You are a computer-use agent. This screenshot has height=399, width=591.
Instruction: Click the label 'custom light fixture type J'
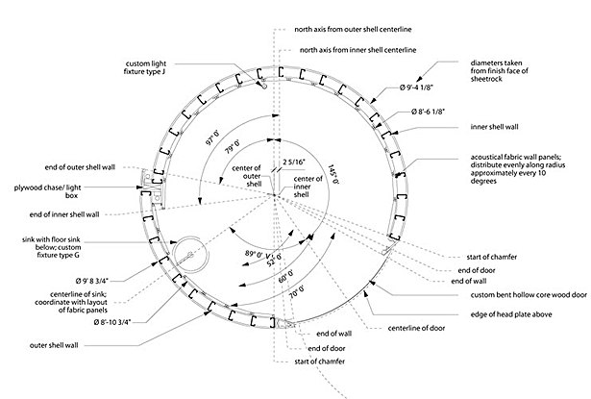click(145, 67)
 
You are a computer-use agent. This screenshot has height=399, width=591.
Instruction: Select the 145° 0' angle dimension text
click(333, 174)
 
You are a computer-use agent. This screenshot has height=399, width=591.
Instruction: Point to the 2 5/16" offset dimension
click(294, 162)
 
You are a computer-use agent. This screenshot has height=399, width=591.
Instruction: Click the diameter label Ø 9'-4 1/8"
click(416, 87)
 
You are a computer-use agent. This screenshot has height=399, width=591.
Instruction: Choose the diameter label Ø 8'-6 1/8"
click(429, 112)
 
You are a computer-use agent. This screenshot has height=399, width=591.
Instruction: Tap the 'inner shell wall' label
click(494, 127)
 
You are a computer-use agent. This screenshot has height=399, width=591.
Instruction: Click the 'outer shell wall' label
click(54, 345)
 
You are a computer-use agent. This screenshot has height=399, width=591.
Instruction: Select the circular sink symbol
click(190, 255)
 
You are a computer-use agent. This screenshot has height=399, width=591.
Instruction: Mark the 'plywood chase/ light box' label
click(47, 191)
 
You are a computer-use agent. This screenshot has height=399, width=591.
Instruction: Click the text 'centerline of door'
click(416, 329)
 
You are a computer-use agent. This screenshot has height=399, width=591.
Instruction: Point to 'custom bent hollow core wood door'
click(529, 295)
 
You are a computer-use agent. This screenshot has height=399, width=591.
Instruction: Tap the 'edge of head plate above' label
click(511, 314)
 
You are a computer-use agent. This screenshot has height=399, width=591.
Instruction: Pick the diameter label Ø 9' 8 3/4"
click(92, 281)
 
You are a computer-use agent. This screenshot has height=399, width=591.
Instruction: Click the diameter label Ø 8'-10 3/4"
click(112, 322)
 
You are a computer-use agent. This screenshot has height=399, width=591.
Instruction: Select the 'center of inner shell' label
click(308, 187)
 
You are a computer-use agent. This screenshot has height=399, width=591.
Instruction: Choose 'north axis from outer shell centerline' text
click(353, 30)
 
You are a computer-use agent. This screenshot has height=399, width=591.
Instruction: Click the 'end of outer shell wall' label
click(80, 167)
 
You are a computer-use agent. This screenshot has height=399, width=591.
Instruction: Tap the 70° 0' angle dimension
click(297, 292)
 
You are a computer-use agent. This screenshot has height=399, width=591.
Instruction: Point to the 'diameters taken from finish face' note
click(500, 71)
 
